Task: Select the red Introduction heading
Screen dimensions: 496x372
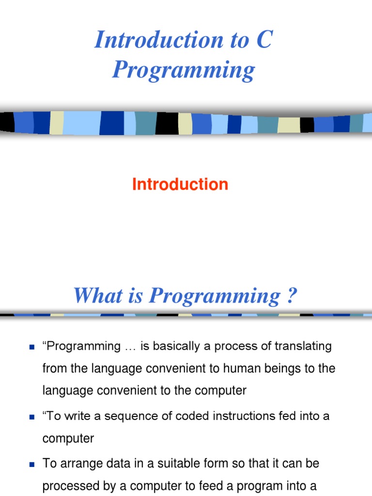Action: click(180, 185)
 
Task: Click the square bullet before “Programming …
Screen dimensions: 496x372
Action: click(32, 347)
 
